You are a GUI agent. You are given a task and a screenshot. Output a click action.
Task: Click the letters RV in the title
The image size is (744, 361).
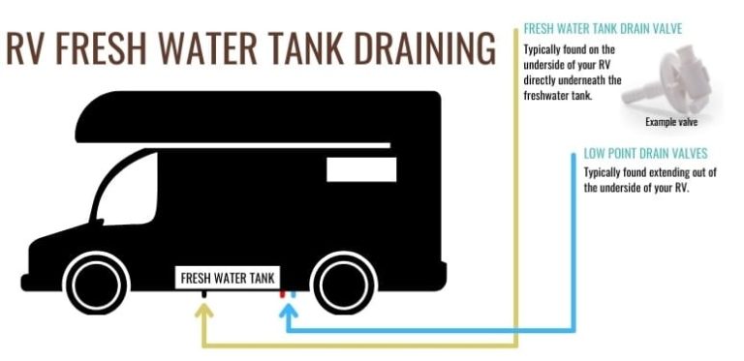(x=27, y=48)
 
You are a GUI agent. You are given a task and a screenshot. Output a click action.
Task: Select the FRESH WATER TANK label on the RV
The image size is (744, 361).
(x=229, y=278)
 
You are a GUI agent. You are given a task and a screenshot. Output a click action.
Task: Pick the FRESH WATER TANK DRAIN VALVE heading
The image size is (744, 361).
(x=603, y=29)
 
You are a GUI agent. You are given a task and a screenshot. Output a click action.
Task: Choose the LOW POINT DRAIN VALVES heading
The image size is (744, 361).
(x=645, y=154)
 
